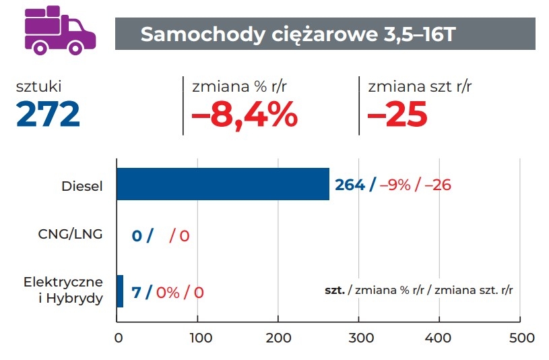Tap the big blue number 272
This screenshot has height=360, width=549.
click(49, 114)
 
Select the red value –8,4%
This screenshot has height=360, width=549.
click(245, 115)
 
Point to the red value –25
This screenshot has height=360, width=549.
click(397, 115)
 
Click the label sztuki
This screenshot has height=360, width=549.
click(43, 86)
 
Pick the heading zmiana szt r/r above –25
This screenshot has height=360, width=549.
click(420, 86)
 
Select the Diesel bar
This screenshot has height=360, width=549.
click(223, 184)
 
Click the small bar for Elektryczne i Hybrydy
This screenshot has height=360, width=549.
click(120, 291)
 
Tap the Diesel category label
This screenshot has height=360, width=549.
click(83, 185)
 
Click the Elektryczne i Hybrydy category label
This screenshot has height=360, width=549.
click(64, 289)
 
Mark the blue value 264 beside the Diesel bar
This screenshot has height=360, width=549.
click(350, 184)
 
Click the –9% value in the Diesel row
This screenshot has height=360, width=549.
click(395, 184)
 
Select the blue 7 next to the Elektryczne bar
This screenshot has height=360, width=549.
click(136, 293)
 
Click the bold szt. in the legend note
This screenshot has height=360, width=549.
click(335, 291)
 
